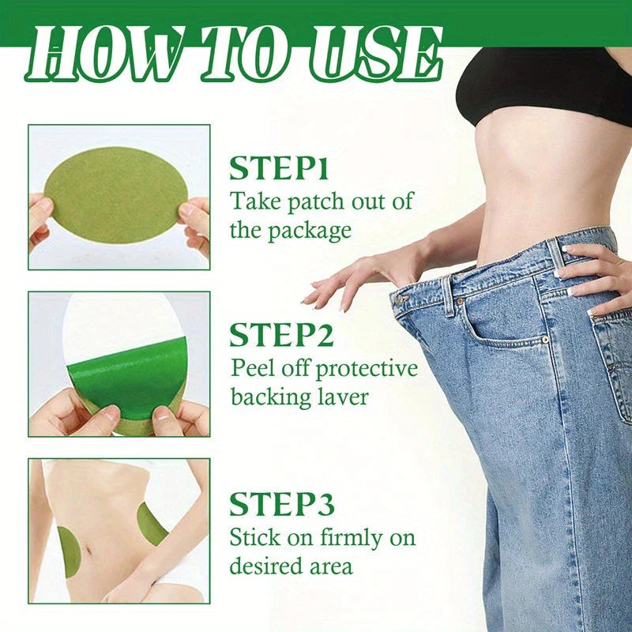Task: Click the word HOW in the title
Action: pos(103,54)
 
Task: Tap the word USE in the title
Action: pos(376,54)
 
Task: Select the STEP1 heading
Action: pos(279,168)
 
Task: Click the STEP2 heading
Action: pos(282,335)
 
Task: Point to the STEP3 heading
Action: pos(282,504)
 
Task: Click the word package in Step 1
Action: pos(310,231)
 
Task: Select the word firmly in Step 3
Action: pos(351,538)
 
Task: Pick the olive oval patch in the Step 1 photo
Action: pos(116,194)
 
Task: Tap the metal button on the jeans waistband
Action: pos(400,299)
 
